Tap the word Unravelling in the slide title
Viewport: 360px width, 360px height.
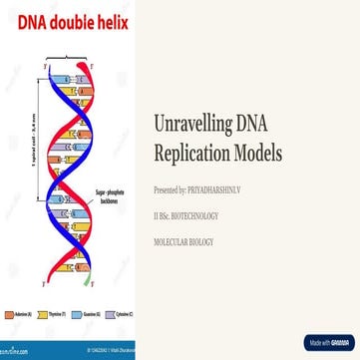point(193,125)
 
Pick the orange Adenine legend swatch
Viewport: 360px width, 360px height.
point(9,314)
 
